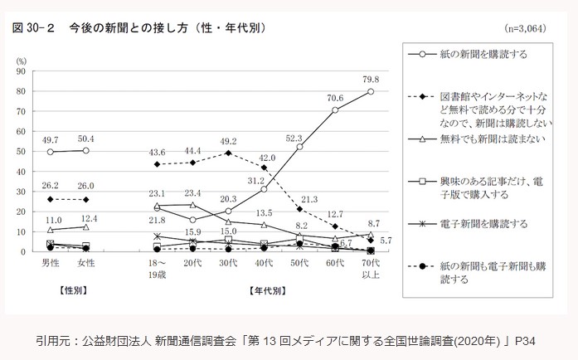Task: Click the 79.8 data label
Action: pos(372,80)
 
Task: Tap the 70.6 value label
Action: pos(334,97)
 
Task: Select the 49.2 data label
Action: pos(228,141)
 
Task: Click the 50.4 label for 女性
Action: pos(87,139)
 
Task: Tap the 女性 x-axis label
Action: pos(87,263)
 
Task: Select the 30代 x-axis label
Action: pos(228,263)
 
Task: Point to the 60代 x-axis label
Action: pos(335,263)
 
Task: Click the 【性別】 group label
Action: pos(69,292)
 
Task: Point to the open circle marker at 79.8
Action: pos(371,91)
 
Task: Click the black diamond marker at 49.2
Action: pos(228,153)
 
